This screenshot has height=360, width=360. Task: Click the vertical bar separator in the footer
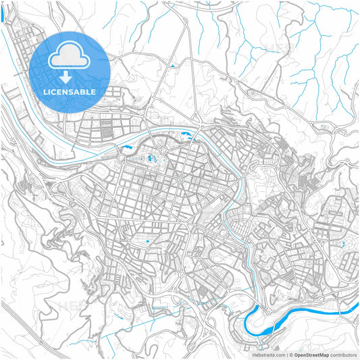coord(286,354)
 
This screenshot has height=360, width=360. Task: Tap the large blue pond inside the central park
coord(150,159)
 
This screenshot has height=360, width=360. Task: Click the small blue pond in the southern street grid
coord(147,241)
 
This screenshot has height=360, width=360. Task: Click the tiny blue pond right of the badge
coord(173,66)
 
